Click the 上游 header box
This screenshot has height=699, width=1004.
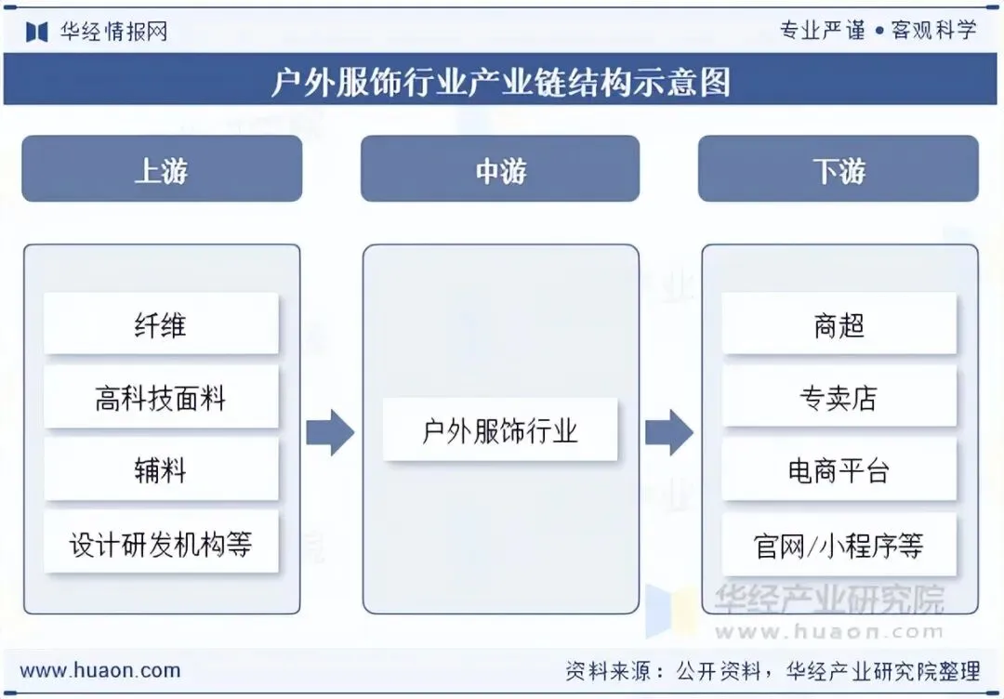pyautogui.click(x=162, y=169)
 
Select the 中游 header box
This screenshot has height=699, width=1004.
pyautogui.click(x=500, y=169)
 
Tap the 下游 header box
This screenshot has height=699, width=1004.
pyautogui.click(x=838, y=169)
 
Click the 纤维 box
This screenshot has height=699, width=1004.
pyautogui.click(x=161, y=324)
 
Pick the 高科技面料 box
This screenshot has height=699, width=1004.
pyautogui.click(x=161, y=398)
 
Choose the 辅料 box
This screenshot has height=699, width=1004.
pyautogui.click(x=161, y=470)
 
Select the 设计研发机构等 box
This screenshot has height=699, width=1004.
pyautogui.click(x=161, y=543)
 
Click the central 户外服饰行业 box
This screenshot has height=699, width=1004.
pyautogui.click(x=500, y=430)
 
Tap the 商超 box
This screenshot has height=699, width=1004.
pyautogui.click(x=839, y=324)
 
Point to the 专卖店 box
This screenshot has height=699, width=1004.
pyautogui.click(x=839, y=398)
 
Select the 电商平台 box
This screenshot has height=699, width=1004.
pyautogui.click(x=839, y=470)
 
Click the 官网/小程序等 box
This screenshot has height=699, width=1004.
pyautogui.click(x=839, y=545)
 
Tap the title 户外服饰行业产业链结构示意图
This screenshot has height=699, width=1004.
pyautogui.click(x=501, y=82)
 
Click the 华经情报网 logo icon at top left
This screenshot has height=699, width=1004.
pyautogui.click(x=36, y=32)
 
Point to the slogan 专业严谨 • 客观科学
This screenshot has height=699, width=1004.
pyautogui.click(x=878, y=30)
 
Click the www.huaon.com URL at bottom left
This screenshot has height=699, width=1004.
pyautogui.click(x=100, y=670)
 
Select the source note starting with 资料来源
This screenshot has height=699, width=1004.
pyautogui.click(x=773, y=670)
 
